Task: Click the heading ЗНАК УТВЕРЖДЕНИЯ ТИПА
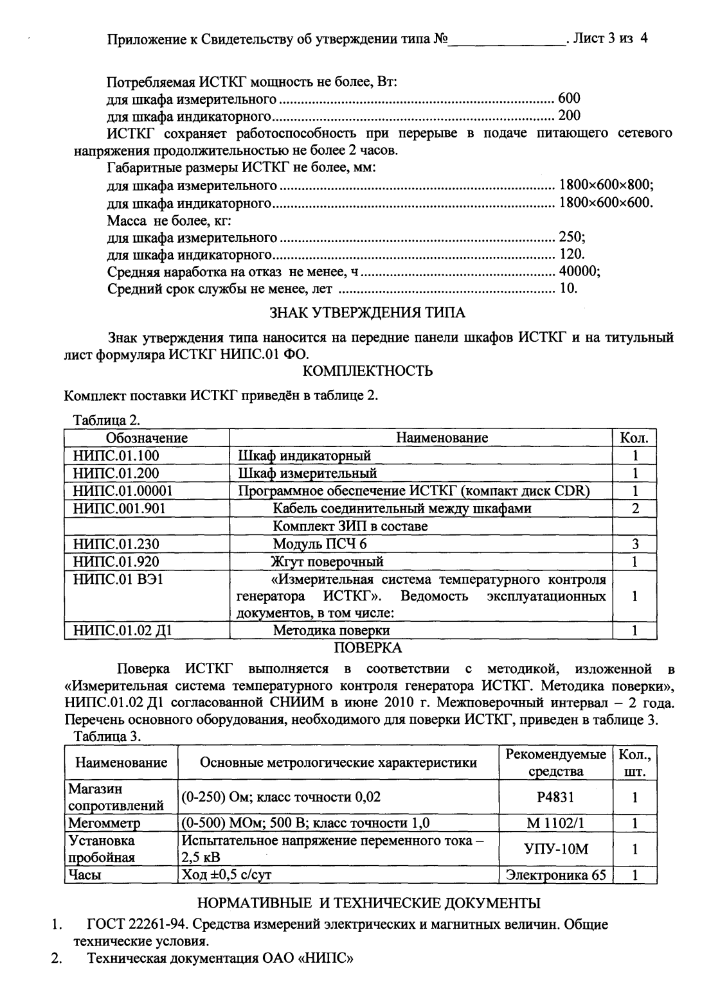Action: [x=366, y=313]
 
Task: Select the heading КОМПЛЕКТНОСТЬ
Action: [x=367, y=371]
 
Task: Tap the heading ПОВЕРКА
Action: [x=367, y=647]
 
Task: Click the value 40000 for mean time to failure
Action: [x=579, y=271]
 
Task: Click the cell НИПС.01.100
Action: [x=116, y=456]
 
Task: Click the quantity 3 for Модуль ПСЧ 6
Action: [x=634, y=544]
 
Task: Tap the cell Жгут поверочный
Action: [x=328, y=561]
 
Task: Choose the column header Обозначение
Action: [x=147, y=438]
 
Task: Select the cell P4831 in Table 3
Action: [x=555, y=797]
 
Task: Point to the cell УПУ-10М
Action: [x=555, y=849]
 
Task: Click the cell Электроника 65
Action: [x=555, y=875]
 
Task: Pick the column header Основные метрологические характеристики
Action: [x=338, y=762]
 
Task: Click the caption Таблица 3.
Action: [x=107, y=736]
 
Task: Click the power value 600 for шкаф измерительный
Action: [x=569, y=98]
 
